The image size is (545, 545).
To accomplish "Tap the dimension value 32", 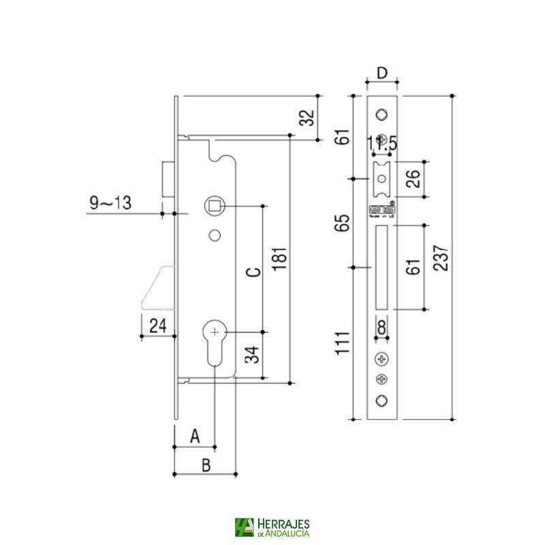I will [308, 119].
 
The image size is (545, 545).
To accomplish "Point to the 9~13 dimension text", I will [110, 202].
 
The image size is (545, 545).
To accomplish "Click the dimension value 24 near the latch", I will [157, 326].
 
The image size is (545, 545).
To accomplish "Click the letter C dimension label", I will [252, 272].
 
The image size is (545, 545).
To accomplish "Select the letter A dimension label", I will [194, 435].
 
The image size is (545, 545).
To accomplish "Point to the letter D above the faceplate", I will [382, 73].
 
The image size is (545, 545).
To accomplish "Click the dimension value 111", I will [345, 343].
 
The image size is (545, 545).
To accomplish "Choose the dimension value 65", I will [345, 223].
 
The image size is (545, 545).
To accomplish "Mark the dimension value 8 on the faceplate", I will [381, 328].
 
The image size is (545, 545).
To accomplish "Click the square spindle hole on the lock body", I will [215, 205].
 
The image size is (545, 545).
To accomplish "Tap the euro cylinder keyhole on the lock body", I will [215, 338].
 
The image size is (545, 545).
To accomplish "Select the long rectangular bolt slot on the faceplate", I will [381, 268].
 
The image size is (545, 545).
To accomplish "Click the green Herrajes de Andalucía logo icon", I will [243, 527].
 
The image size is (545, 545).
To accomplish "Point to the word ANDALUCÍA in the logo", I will [285, 533].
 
